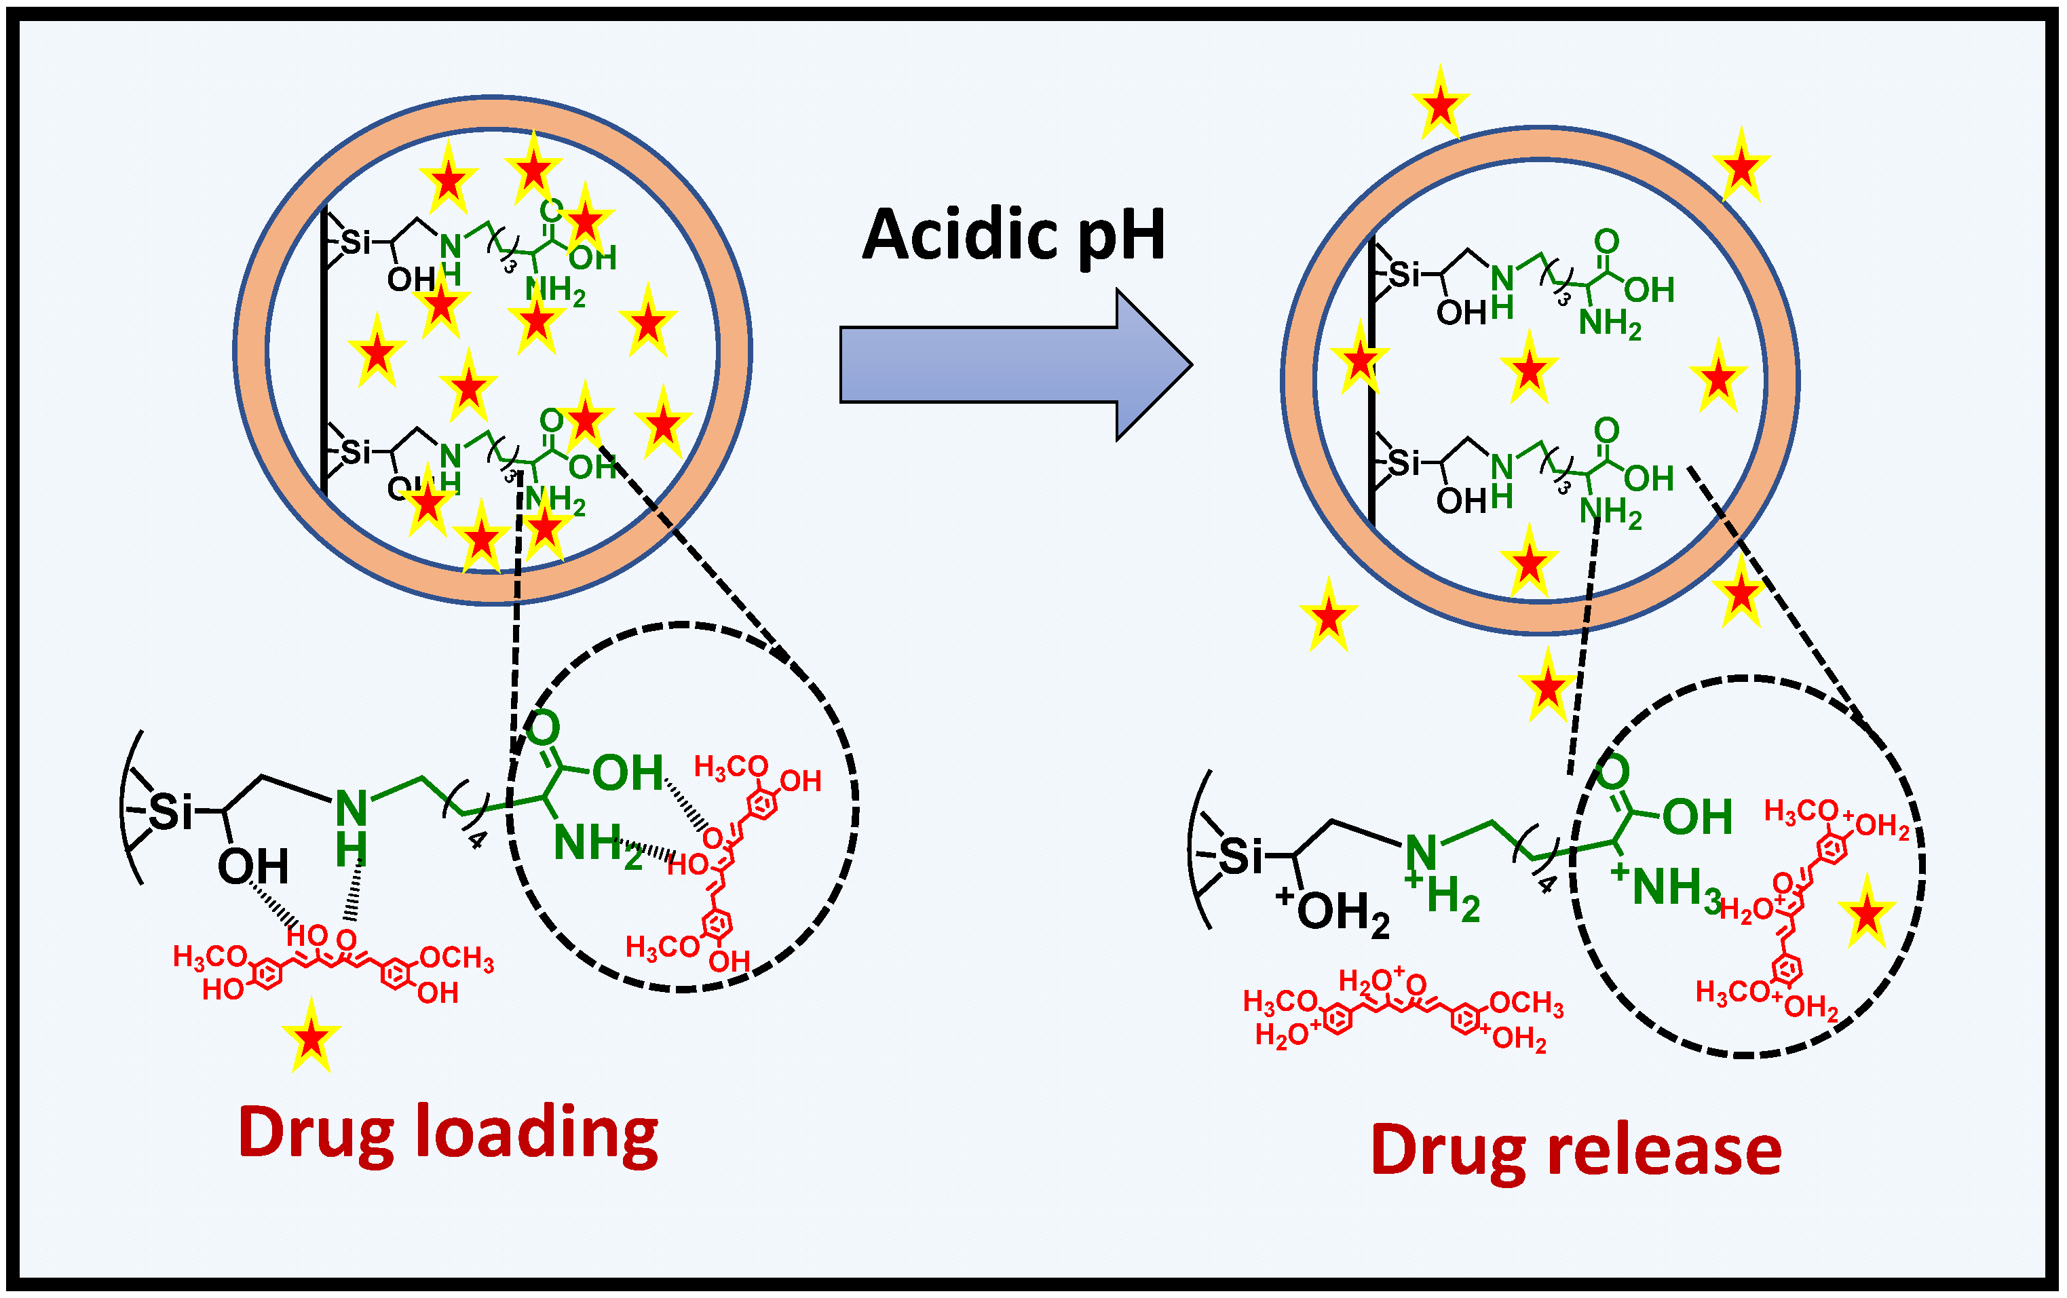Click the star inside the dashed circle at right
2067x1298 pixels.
point(1866,913)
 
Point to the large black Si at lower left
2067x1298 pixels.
point(172,812)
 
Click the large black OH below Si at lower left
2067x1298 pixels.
point(252,867)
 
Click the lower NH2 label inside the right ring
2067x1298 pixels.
point(1610,512)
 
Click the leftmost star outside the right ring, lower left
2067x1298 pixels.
point(1328,616)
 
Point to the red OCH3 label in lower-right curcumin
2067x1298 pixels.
point(1526,1004)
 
